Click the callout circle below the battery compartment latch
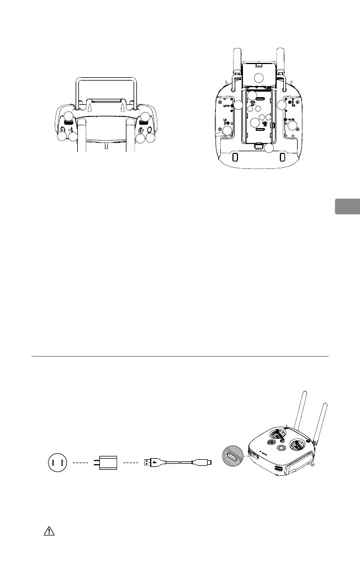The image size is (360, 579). (x=269, y=147)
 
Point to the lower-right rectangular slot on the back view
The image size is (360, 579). (x=282, y=157)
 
